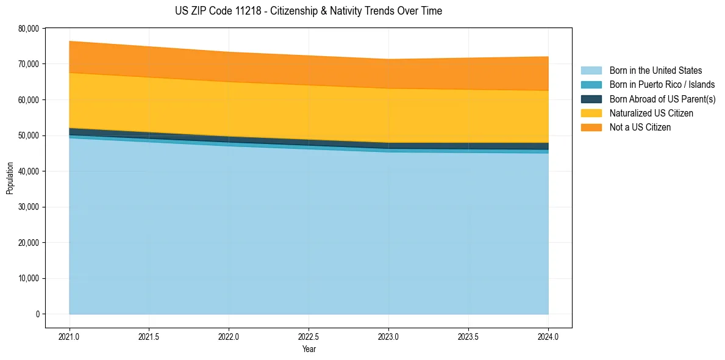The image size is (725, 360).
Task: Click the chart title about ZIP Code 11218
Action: point(308,11)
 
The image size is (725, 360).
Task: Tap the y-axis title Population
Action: point(10,178)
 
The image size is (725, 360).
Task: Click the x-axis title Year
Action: point(309,350)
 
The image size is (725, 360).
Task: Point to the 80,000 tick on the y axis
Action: point(29,29)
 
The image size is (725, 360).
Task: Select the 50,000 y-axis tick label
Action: point(29,135)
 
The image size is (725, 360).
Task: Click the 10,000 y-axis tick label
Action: point(29,279)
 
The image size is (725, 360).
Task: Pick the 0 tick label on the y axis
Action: point(37,314)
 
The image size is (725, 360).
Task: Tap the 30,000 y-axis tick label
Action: point(29,207)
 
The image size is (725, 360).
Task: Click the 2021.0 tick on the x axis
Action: point(70,336)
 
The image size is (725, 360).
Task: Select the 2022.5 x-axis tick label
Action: point(309,336)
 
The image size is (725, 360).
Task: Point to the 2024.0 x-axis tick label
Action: point(548,336)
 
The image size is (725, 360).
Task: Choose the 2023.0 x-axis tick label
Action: point(388,336)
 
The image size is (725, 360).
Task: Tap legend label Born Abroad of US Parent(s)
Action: point(662,99)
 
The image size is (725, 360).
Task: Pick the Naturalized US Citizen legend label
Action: point(651,113)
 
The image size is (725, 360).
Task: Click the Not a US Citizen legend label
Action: point(640,128)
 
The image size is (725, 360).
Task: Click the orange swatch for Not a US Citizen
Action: point(591,128)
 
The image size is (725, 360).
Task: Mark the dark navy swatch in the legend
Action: point(591,99)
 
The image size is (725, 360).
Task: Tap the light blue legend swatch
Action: point(591,71)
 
